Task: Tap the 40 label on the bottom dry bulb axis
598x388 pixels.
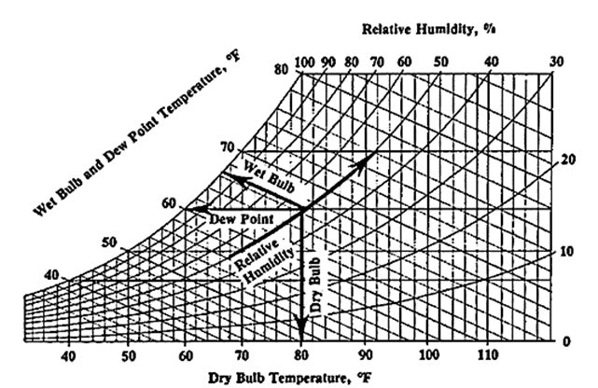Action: tap(68, 356)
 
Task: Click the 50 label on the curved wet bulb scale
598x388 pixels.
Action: tap(109, 243)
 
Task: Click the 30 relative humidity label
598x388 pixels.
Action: tap(557, 62)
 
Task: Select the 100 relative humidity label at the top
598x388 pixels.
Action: tap(304, 62)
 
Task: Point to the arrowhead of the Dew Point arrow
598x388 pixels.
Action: tap(190, 208)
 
